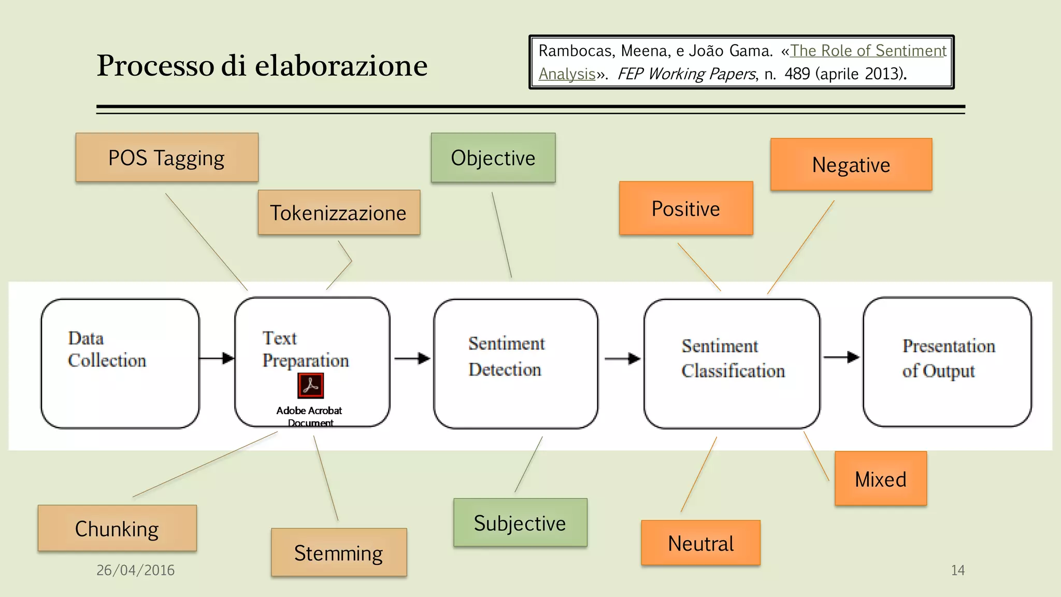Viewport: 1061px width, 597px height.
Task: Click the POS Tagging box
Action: coord(167,158)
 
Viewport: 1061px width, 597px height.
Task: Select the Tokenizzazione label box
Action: coord(339,212)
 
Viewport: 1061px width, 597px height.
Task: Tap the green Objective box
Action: coord(493,158)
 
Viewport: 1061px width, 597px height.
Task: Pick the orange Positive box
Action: coord(686,208)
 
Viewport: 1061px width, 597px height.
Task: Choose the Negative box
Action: coord(851,165)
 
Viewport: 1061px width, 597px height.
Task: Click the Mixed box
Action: coord(881,479)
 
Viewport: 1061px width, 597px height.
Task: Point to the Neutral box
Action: coord(700,543)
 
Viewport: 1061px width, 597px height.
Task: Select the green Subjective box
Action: coord(520,523)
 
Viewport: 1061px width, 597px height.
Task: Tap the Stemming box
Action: coord(339,552)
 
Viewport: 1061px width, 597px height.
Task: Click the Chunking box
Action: coord(117,529)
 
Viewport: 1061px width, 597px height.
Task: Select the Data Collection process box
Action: coord(120,364)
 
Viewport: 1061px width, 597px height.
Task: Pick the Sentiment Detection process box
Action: coord(515,364)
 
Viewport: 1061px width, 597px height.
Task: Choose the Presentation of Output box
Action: coord(947,362)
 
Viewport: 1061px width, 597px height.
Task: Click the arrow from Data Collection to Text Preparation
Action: coord(217,358)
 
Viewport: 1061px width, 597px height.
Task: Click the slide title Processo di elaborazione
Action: coord(262,65)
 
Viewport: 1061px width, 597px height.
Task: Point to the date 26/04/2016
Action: coord(136,570)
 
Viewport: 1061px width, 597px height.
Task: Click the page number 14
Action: coord(957,570)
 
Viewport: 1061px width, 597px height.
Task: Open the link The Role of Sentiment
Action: coord(868,51)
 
